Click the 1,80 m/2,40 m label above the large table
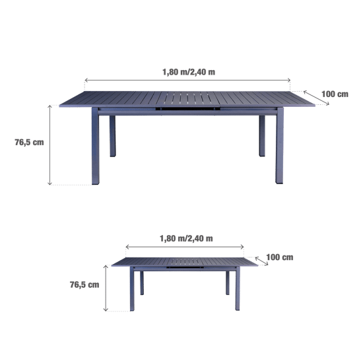tap(189, 72)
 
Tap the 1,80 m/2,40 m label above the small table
tap(186, 238)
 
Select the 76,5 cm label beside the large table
tap(29, 142)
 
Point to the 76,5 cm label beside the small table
tap(84, 284)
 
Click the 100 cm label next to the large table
tap(335, 94)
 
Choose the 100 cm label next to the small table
tap(280, 257)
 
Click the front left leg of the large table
tap(96, 146)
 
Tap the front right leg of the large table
tap(279, 146)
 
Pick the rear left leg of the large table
tap(112, 136)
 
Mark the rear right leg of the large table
tap(262, 136)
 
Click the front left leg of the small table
tap(132, 288)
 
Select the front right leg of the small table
tap(238, 288)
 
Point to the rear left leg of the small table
tap(142, 283)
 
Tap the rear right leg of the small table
tap(228, 283)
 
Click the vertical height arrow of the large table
tap(49, 145)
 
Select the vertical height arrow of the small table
tap(106, 288)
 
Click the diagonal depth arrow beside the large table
tap(316, 98)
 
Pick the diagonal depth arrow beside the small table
tap(261, 261)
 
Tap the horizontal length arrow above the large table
tap(187, 80)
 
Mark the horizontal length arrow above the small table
tap(185, 247)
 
